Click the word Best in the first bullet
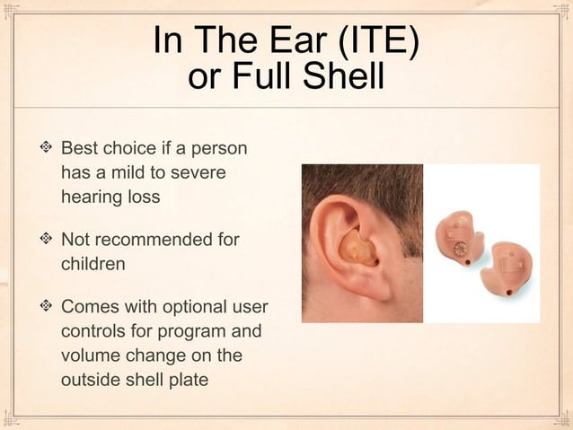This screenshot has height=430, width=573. [80, 147]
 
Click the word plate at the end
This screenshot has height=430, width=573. [185, 379]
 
